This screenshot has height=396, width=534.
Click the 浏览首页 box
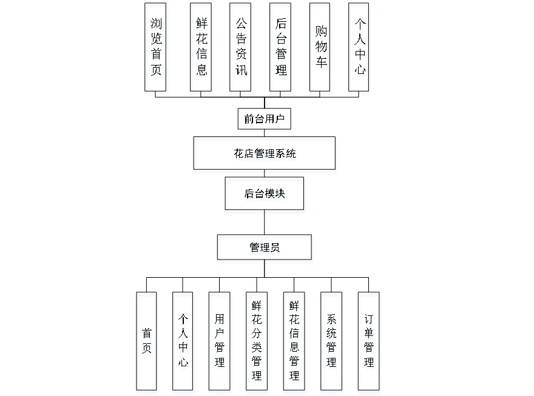pos(157,50)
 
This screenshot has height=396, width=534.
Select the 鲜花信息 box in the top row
pos(202,50)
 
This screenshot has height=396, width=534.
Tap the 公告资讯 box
pos(241,50)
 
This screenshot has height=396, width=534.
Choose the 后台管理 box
pos(281,50)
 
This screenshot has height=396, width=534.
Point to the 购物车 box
pos(320,50)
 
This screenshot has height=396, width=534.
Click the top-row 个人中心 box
pos(360,50)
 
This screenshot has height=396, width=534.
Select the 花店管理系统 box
pos(265,155)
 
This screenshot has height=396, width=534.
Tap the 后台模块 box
pos(265,195)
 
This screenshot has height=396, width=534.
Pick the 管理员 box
pos(265,249)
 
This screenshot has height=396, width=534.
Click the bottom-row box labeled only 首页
pos(147,343)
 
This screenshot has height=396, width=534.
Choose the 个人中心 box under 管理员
pos(183,343)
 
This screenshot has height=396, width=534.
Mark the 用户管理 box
pos(220,343)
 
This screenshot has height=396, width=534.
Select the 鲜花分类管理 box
pos(257,343)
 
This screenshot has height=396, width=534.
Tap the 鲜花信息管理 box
pos(294,343)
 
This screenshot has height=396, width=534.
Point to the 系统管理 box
pos(331,343)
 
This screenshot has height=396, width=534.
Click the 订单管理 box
pos(369,343)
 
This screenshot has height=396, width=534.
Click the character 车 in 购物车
pos(320,65)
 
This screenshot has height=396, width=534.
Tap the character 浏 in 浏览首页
pos(157,26)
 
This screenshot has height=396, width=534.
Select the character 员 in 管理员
pos(276,249)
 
